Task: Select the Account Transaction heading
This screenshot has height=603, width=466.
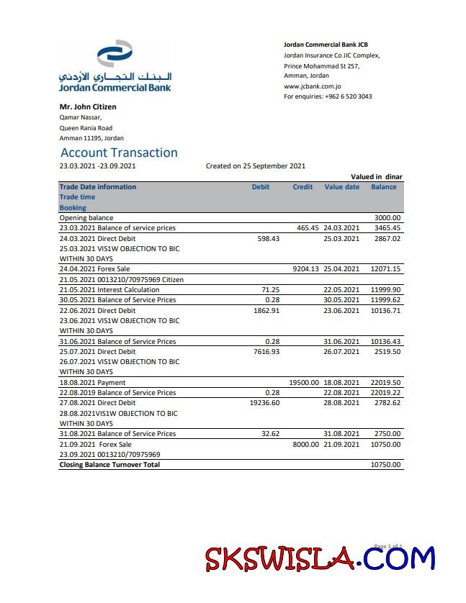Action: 119,153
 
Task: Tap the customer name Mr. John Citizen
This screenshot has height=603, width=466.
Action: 87,106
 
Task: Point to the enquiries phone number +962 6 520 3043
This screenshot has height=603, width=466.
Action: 348,96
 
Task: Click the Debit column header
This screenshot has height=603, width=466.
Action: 261,187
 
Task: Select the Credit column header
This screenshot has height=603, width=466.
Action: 303,187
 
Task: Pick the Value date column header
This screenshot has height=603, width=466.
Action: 341,187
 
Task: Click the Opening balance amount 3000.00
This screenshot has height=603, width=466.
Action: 387,217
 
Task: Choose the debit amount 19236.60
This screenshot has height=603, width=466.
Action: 264,403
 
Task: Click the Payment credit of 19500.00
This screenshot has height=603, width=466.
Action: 303,383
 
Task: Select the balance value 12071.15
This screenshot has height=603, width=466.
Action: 385,269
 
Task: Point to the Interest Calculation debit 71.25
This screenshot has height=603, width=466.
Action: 269,289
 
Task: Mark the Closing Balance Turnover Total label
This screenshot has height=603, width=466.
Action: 109,465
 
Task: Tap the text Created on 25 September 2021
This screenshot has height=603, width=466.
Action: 256,166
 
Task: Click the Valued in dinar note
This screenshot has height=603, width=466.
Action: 376,176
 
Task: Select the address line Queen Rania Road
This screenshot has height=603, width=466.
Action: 86,128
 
